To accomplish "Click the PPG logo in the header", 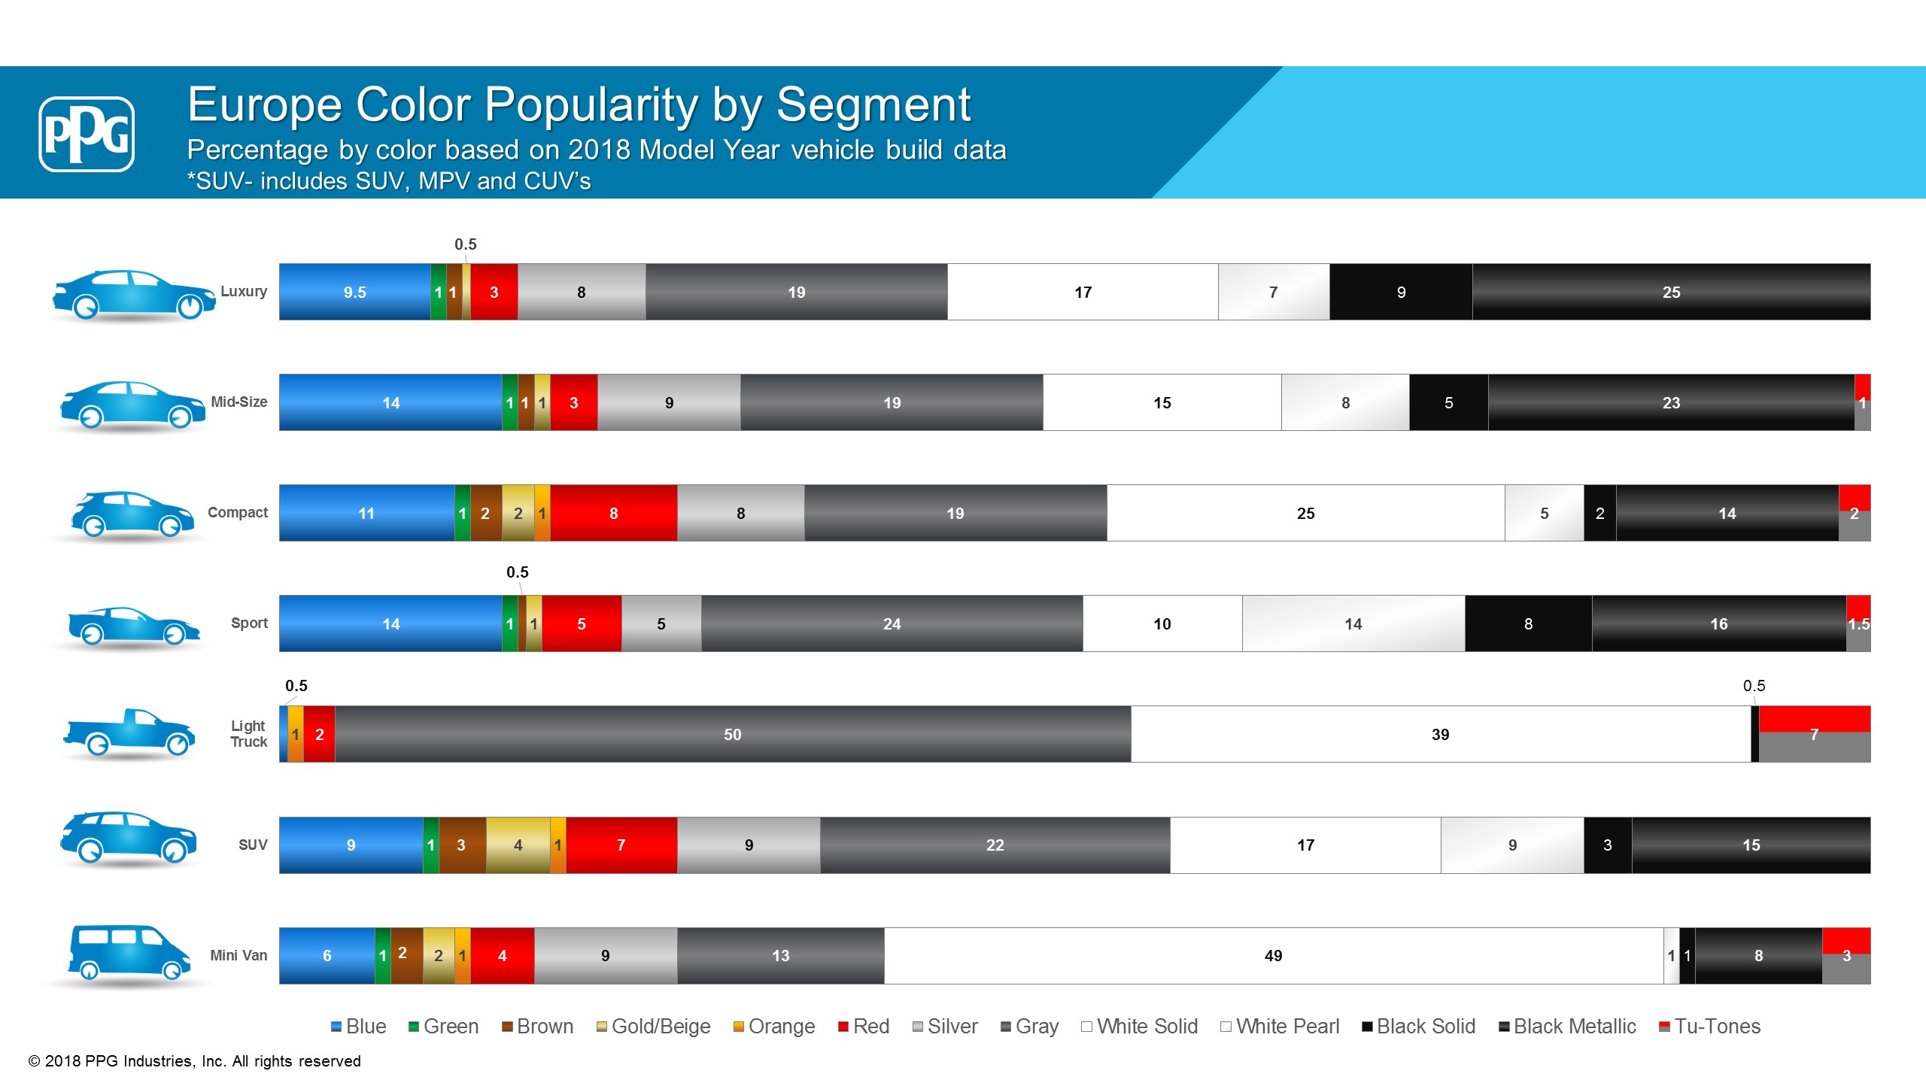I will coord(87,134).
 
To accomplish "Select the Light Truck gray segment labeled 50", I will coord(732,734).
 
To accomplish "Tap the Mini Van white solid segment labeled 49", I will coord(1273,955).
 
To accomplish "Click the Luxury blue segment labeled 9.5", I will coord(354,292).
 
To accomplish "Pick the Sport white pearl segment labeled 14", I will coord(1353,623).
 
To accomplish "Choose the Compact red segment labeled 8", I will coord(613,513).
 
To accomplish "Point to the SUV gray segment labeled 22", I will coord(995,845).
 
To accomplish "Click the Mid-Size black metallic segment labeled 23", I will coord(1670,402).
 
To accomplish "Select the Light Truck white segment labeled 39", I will coord(1440,734).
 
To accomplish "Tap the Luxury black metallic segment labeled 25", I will coord(1670,292).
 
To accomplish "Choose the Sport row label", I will coord(249,623).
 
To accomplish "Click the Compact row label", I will coord(237,512).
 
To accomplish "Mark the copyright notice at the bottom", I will coord(195,1061).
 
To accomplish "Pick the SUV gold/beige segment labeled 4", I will coord(518,845).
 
